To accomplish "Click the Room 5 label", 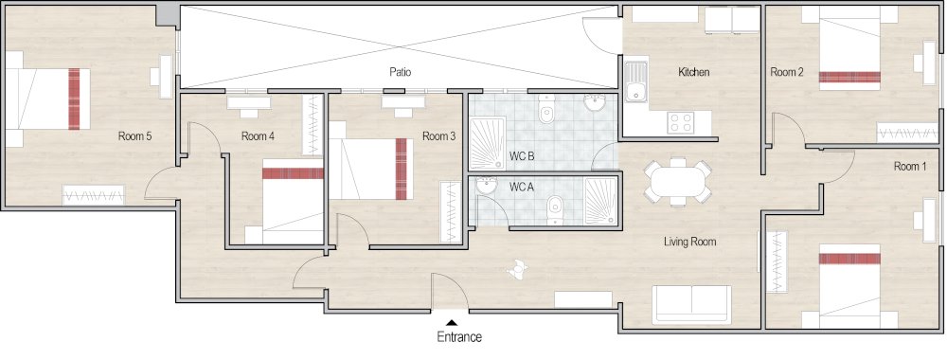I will click(x=134, y=136).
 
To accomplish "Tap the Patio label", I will click(x=400, y=72).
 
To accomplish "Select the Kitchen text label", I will click(x=693, y=72).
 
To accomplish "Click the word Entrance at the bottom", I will click(x=459, y=336).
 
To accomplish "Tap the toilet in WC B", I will click(x=545, y=115).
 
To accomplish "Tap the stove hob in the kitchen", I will click(x=680, y=122).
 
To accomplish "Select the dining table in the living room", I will click(x=678, y=180).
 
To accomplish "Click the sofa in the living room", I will click(x=691, y=304).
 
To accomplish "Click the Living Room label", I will click(x=689, y=242).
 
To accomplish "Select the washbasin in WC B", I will click(x=595, y=102).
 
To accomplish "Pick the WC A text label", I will click(x=522, y=187).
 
